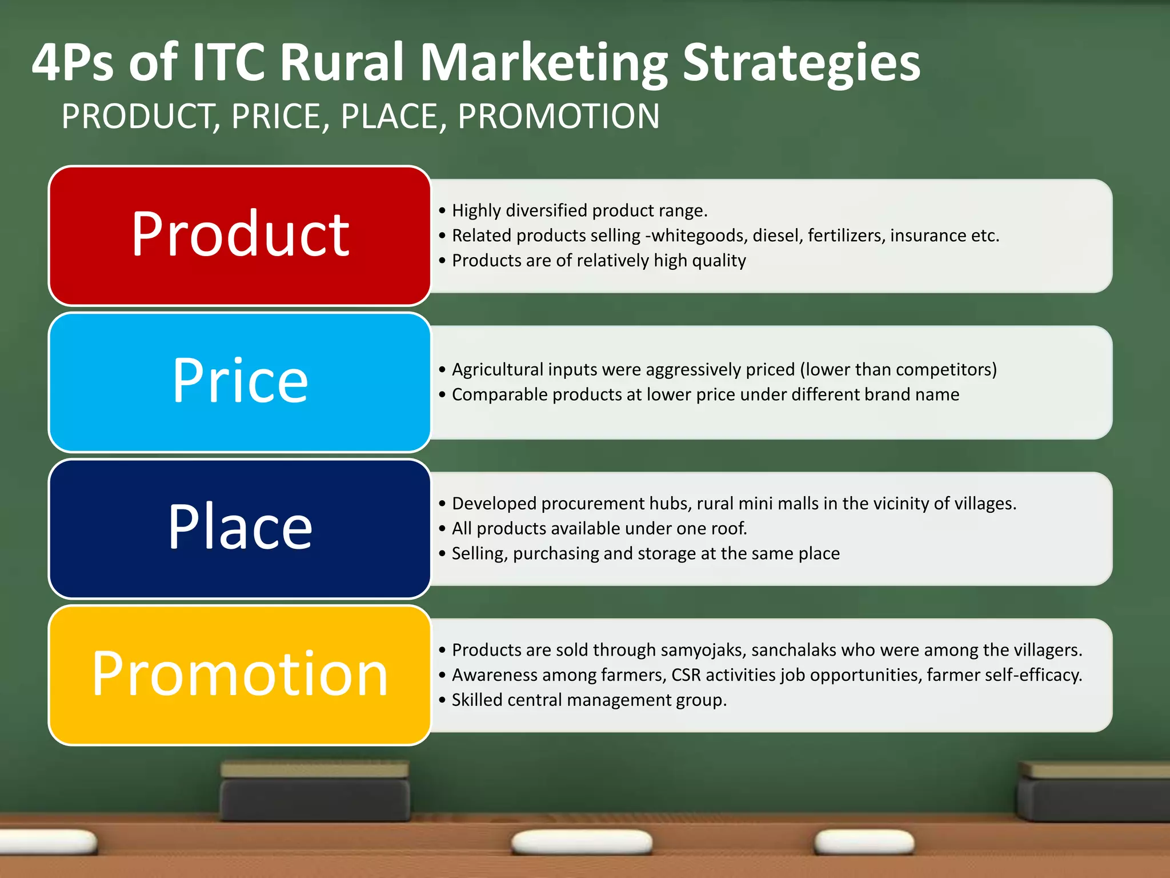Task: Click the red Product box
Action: coord(239,236)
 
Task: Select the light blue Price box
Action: coord(239,382)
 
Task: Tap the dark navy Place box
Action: coord(239,528)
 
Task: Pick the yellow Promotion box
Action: coord(239,675)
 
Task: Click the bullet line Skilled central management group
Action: coord(588,700)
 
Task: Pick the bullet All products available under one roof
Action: coord(599,529)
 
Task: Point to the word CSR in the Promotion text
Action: coord(686,675)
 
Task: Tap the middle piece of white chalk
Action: coord(582,842)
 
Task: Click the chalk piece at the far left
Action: coord(46,842)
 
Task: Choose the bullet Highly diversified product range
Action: coord(579,211)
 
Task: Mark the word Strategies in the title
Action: coord(801,63)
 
